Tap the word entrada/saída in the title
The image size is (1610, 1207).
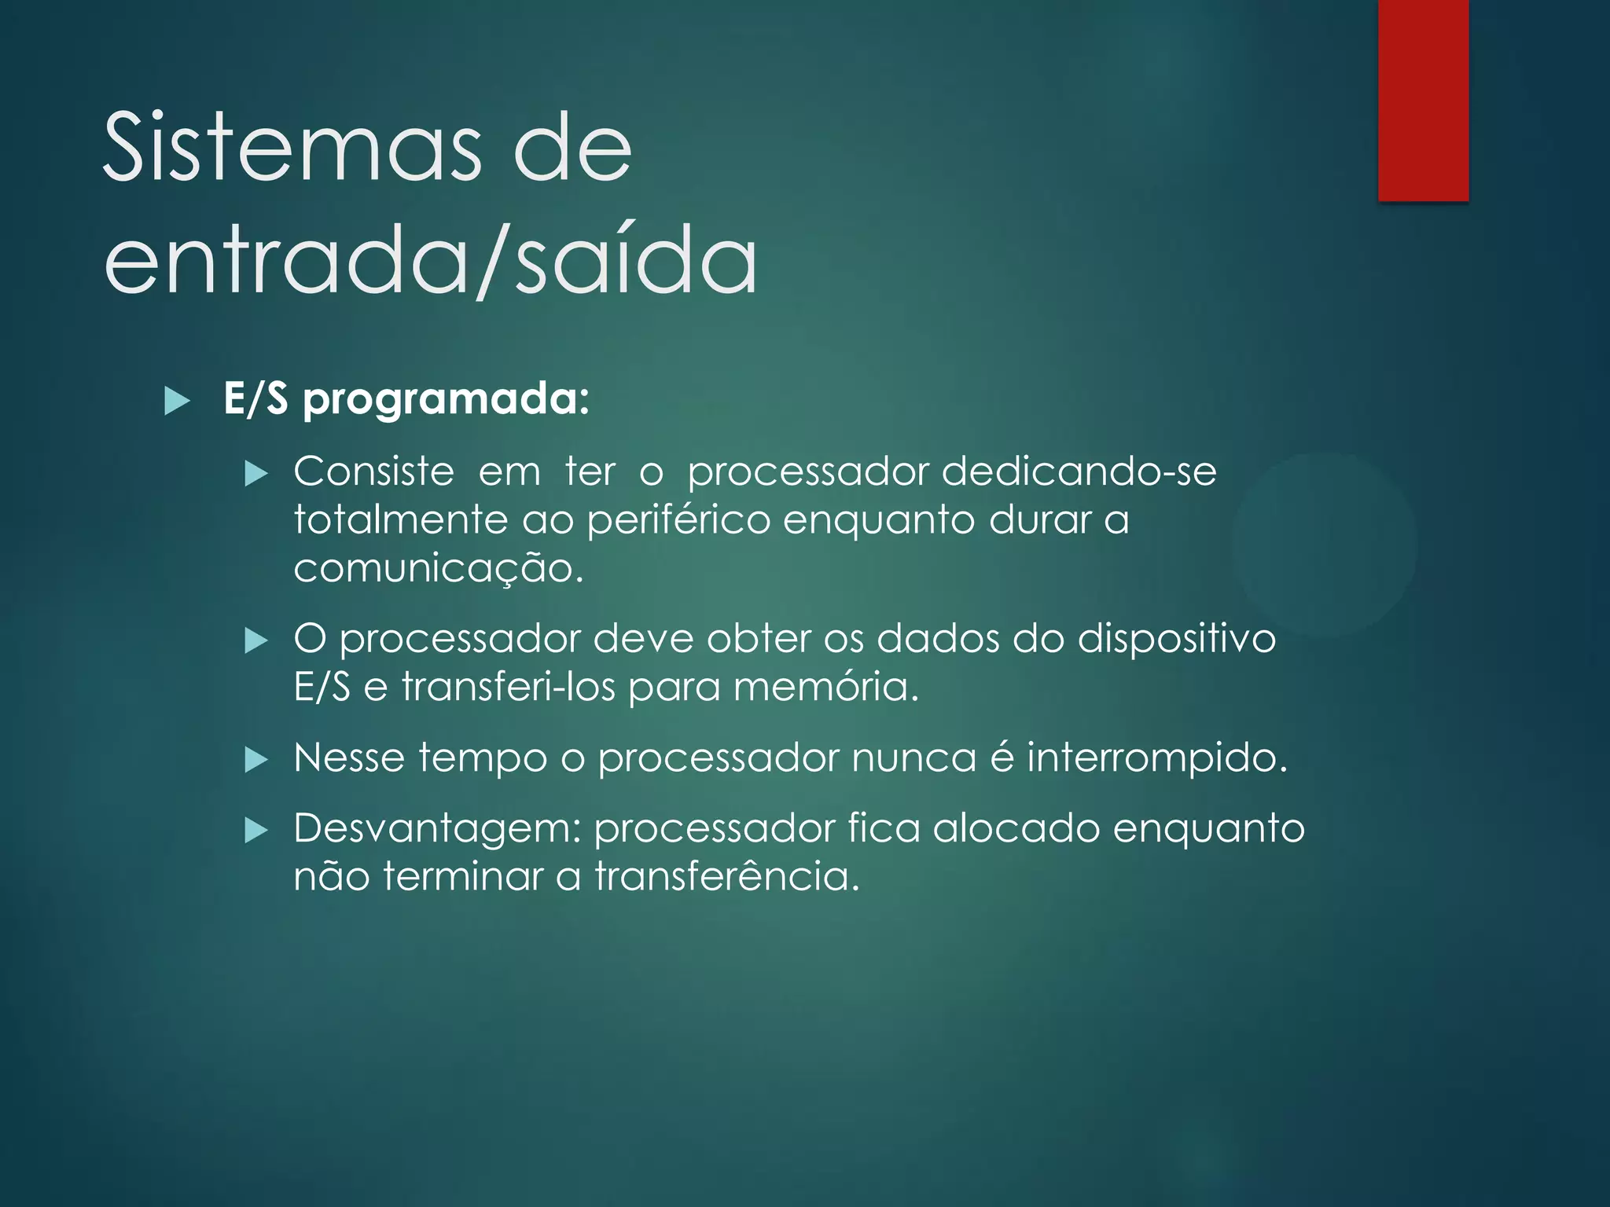coord(431,259)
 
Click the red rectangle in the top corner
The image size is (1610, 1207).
coord(1423,100)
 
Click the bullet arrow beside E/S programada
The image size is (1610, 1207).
coord(178,402)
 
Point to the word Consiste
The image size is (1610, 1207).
coord(373,472)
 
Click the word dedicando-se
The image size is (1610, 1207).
coord(1079,472)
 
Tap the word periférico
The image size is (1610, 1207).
coord(678,520)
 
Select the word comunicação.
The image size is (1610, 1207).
coord(438,568)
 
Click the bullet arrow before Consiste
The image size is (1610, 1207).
coord(256,474)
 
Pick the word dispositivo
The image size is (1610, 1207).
coord(1176,639)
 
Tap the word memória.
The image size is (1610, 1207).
coord(825,687)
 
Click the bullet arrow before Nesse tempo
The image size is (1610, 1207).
coord(256,760)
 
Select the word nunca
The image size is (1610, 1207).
coord(913,758)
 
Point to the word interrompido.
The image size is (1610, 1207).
coord(1156,758)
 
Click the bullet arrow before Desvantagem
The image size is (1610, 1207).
coord(256,831)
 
